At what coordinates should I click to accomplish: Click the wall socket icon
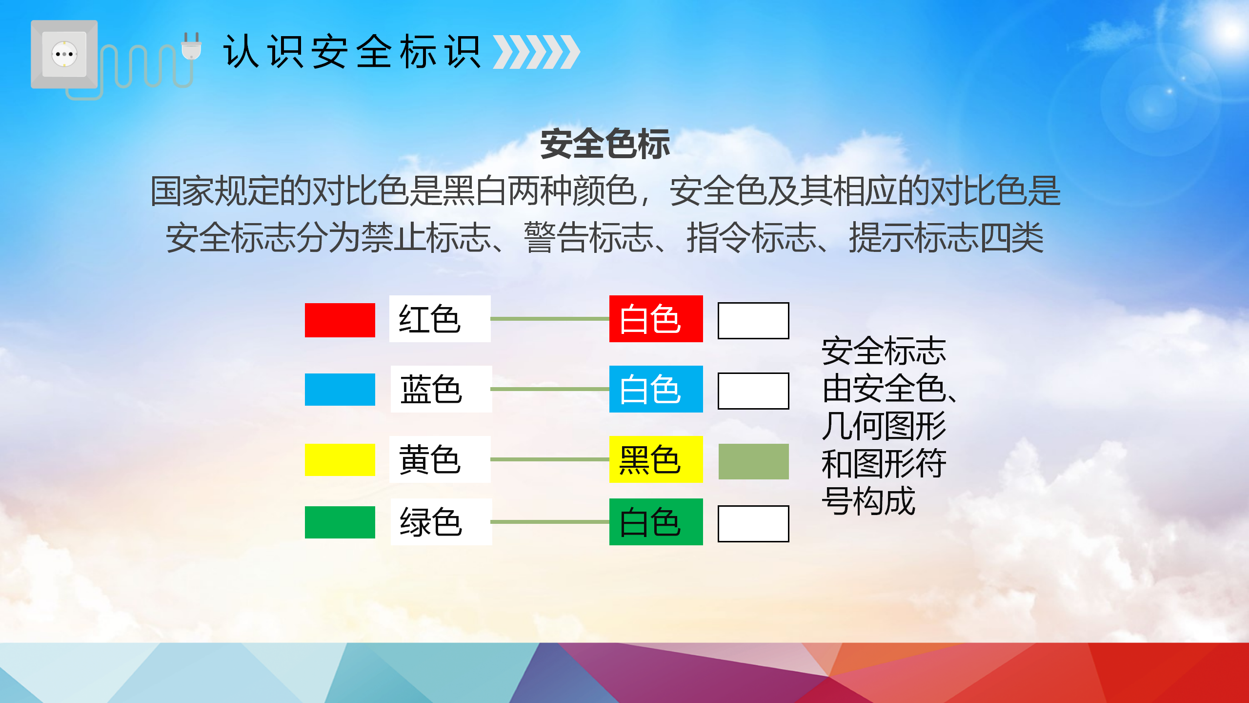point(64,54)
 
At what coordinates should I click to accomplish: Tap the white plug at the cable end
point(191,46)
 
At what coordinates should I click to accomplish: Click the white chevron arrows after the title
point(536,52)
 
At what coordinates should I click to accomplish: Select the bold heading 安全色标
point(605,144)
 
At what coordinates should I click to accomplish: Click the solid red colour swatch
point(340,320)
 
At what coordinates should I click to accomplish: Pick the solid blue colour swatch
point(340,390)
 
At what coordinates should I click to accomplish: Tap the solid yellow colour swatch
point(340,460)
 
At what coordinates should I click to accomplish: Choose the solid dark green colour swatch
point(340,522)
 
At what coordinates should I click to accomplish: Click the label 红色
point(429,319)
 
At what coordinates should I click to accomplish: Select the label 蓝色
point(431,390)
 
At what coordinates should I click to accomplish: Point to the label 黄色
point(429,460)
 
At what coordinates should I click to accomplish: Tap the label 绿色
point(431,522)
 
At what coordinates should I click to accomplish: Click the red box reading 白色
point(656,319)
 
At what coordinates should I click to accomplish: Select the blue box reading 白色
point(656,389)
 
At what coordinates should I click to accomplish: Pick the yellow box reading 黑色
point(656,459)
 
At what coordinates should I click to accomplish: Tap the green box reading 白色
point(656,522)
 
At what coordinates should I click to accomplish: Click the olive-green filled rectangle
point(754,461)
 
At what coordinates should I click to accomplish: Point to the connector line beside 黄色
point(550,459)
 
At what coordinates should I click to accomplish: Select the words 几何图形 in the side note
point(884,426)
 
